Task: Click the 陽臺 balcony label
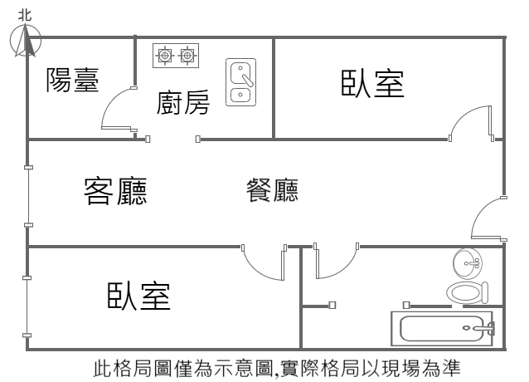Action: (72, 81)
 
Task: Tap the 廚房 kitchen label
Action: (182, 104)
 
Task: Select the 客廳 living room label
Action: (115, 191)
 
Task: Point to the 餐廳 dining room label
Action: (272, 191)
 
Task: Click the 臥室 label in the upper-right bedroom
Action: (372, 84)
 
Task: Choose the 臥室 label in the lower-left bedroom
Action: (138, 296)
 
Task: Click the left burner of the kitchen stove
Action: (165, 56)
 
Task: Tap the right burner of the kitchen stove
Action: (188, 56)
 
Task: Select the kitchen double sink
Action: (240, 82)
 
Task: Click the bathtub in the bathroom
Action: (444, 328)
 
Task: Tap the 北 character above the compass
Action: (25, 12)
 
